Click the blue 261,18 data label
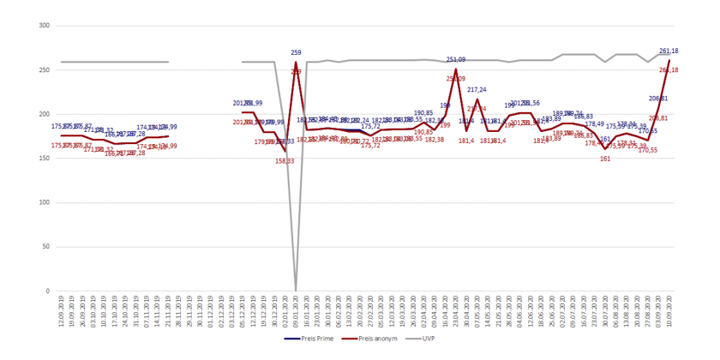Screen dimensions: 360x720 click(669, 51)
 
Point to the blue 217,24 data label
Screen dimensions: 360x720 click(477, 90)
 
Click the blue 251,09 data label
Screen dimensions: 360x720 click(456, 60)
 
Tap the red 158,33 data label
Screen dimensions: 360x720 click(285, 160)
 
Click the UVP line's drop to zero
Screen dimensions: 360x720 click(296, 290)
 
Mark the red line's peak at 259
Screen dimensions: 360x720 click(296, 63)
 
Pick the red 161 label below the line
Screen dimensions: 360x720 click(605, 159)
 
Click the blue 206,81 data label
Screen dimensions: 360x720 click(658, 99)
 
